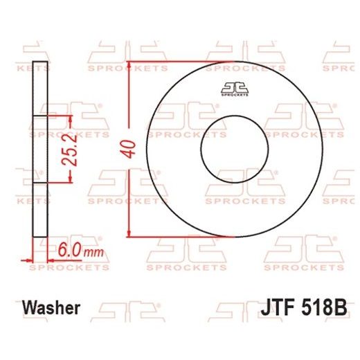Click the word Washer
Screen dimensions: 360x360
(52, 307)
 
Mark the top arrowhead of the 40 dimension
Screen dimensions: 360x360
(129, 67)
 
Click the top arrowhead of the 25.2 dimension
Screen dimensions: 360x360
(70, 120)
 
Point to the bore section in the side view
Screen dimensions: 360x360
(40, 150)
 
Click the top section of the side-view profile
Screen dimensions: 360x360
(40, 89)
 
